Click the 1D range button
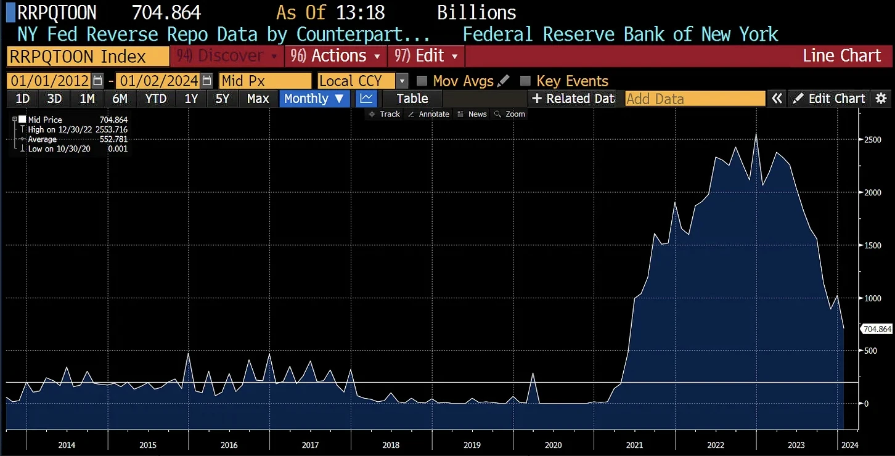23,99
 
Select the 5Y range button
223,99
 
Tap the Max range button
258,99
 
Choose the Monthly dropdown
314,99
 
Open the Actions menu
336,56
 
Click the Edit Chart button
830,99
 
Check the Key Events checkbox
526,81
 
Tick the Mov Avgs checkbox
422,81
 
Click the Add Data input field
695,99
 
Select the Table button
412,99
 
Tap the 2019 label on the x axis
472,445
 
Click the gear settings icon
881,99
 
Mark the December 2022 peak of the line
756,134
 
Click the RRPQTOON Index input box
88,57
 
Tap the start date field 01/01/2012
49,81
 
